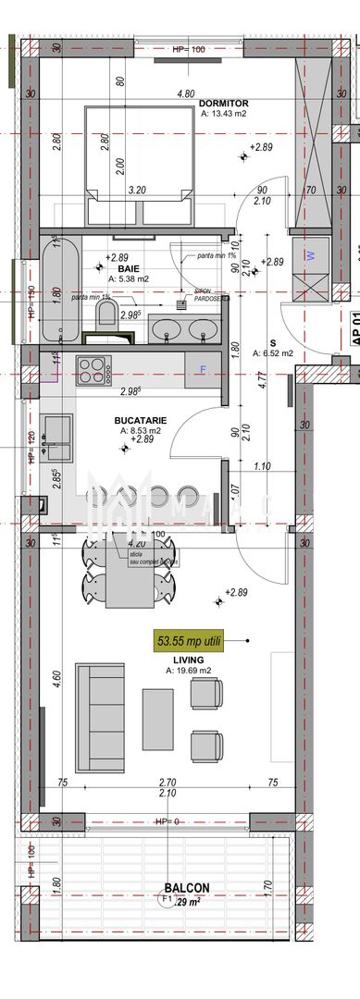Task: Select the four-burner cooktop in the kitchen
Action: pos(94,344)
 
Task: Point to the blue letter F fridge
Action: pos(203,343)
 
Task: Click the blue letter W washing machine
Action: pos(310,253)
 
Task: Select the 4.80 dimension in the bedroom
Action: pos(185,93)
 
